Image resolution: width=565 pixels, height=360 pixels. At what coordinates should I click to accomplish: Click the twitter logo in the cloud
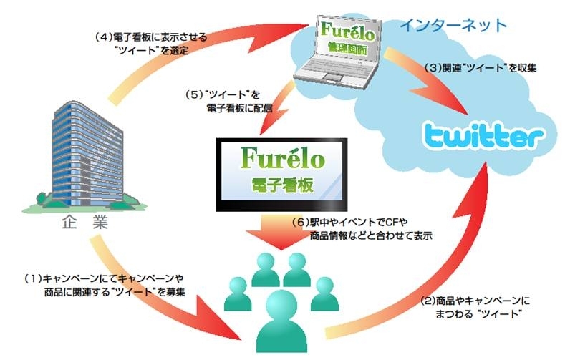[x=483, y=136]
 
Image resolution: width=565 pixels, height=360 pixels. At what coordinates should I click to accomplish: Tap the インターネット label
[x=454, y=25]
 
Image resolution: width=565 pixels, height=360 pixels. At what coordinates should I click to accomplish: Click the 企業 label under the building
[x=85, y=223]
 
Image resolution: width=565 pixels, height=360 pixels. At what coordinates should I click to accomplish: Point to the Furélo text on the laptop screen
[x=347, y=31]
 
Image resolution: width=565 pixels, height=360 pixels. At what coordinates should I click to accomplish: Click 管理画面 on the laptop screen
[x=347, y=47]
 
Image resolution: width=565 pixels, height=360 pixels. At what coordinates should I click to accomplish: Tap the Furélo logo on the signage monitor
[x=282, y=157]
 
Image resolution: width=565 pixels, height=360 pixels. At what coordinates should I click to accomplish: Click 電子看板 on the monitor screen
[x=282, y=185]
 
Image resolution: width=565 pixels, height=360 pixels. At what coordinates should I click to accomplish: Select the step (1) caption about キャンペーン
[x=105, y=285]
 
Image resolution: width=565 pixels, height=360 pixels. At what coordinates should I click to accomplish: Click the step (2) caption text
[x=475, y=307]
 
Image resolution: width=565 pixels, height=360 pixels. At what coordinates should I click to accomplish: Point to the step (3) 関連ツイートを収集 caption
[x=481, y=68]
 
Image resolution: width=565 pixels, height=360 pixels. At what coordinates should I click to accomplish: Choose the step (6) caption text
[x=362, y=229]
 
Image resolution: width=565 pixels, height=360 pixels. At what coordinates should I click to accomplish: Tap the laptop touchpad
[x=330, y=76]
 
